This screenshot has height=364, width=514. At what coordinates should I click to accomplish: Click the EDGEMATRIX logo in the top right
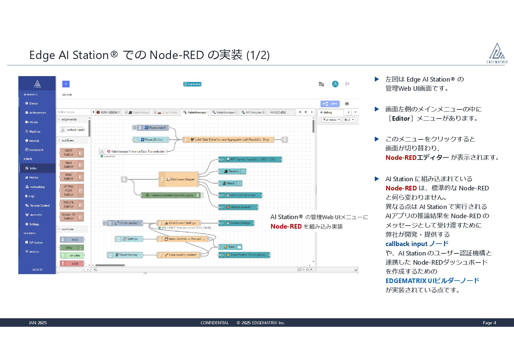click(x=497, y=53)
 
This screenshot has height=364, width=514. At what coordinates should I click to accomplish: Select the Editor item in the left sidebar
click(x=33, y=168)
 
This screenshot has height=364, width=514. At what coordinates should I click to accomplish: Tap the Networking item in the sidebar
click(x=37, y=187)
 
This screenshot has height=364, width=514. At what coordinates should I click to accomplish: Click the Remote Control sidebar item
click(x=40, y=205)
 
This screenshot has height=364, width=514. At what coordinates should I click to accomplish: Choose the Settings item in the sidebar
click(x=34, y=224)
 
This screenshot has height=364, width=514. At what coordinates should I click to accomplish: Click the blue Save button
click(x=330, y=104)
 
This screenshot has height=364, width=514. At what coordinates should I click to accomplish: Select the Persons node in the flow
click(x=232, y=171)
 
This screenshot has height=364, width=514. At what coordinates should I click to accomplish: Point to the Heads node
click(x=230, y=183)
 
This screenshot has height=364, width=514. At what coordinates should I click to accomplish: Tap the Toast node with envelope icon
click(x=231, y=247)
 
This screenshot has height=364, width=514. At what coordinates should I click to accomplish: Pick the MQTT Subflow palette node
click(x=72, y=153)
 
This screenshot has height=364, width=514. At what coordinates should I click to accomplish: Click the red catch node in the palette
click(x=72, y=263)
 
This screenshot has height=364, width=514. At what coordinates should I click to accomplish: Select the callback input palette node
click(x=72, y=130)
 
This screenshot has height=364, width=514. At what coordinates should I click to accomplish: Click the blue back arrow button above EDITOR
click(x=66, y=84)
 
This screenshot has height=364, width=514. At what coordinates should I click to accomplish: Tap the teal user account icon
click(x=335, y=84)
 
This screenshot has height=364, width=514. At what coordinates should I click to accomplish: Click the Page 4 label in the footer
click(x=489, y=323)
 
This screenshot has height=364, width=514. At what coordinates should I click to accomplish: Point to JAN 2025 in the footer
click(x=38, y=323)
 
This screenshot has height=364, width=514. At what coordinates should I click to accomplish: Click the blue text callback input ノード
click(x=417, y=244)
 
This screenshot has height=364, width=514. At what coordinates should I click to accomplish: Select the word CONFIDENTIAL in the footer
click(x=215, y=323)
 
